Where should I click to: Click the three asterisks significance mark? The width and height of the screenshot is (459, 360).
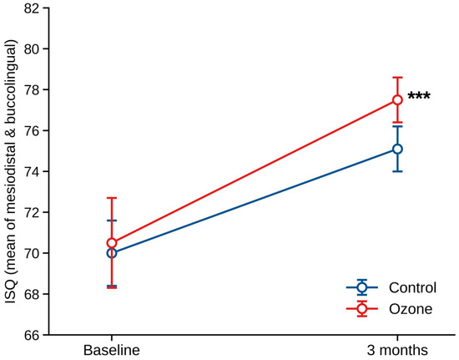419,96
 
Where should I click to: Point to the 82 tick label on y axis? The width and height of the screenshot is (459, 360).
33,8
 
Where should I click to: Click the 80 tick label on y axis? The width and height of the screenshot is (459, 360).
33,48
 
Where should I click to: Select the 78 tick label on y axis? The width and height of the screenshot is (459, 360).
33,89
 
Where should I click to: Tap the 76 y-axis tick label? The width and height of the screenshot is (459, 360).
33,130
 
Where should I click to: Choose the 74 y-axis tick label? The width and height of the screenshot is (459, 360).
33,171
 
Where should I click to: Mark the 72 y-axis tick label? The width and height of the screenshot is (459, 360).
33,212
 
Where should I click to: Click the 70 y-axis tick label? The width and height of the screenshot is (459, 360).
33,253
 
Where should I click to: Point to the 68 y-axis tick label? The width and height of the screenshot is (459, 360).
33,294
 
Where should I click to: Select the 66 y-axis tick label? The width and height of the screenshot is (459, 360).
33,335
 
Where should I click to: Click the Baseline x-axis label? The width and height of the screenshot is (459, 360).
112,350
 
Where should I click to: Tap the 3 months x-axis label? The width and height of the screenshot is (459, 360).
397,350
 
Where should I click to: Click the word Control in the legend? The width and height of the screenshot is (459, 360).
412,287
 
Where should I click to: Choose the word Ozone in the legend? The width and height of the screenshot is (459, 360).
411,309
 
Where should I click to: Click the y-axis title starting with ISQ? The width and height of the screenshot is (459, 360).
11,172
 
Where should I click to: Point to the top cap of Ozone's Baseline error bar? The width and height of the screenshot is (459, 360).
112,198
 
